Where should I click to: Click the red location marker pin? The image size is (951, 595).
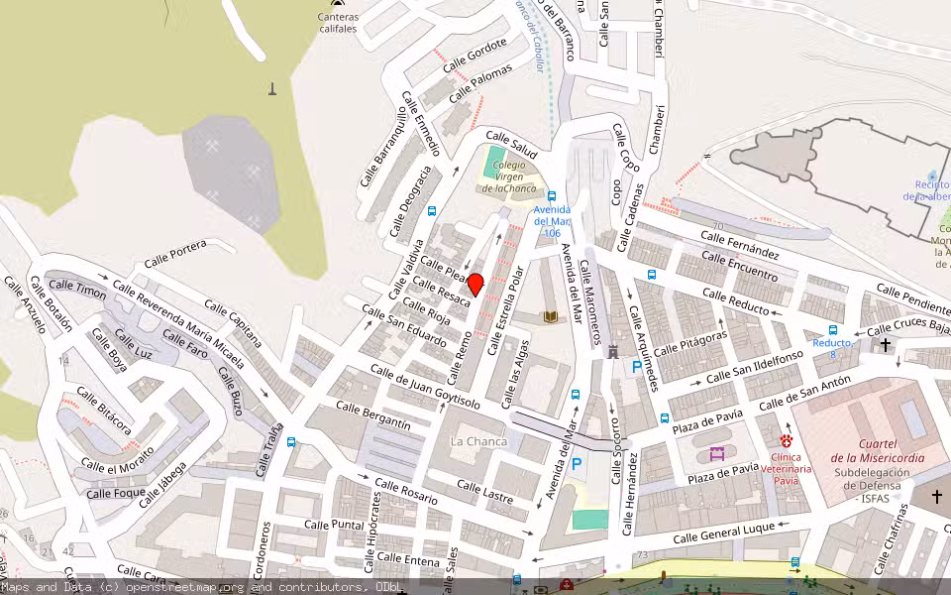point(475,285)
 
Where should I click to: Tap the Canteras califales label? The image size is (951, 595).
point(337,23)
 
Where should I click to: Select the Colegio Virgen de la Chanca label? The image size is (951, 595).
point(509,177)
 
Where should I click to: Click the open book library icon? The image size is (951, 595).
point(550,317)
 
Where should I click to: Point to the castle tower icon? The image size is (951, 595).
point(612,351)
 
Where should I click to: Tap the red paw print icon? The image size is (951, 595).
point(787,438)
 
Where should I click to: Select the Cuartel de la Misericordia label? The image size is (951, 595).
point(877,450)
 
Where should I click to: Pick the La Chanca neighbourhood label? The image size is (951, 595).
point(478,441)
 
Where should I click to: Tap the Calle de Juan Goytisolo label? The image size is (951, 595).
point(425,387)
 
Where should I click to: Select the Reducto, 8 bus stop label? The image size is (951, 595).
point(832,348)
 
